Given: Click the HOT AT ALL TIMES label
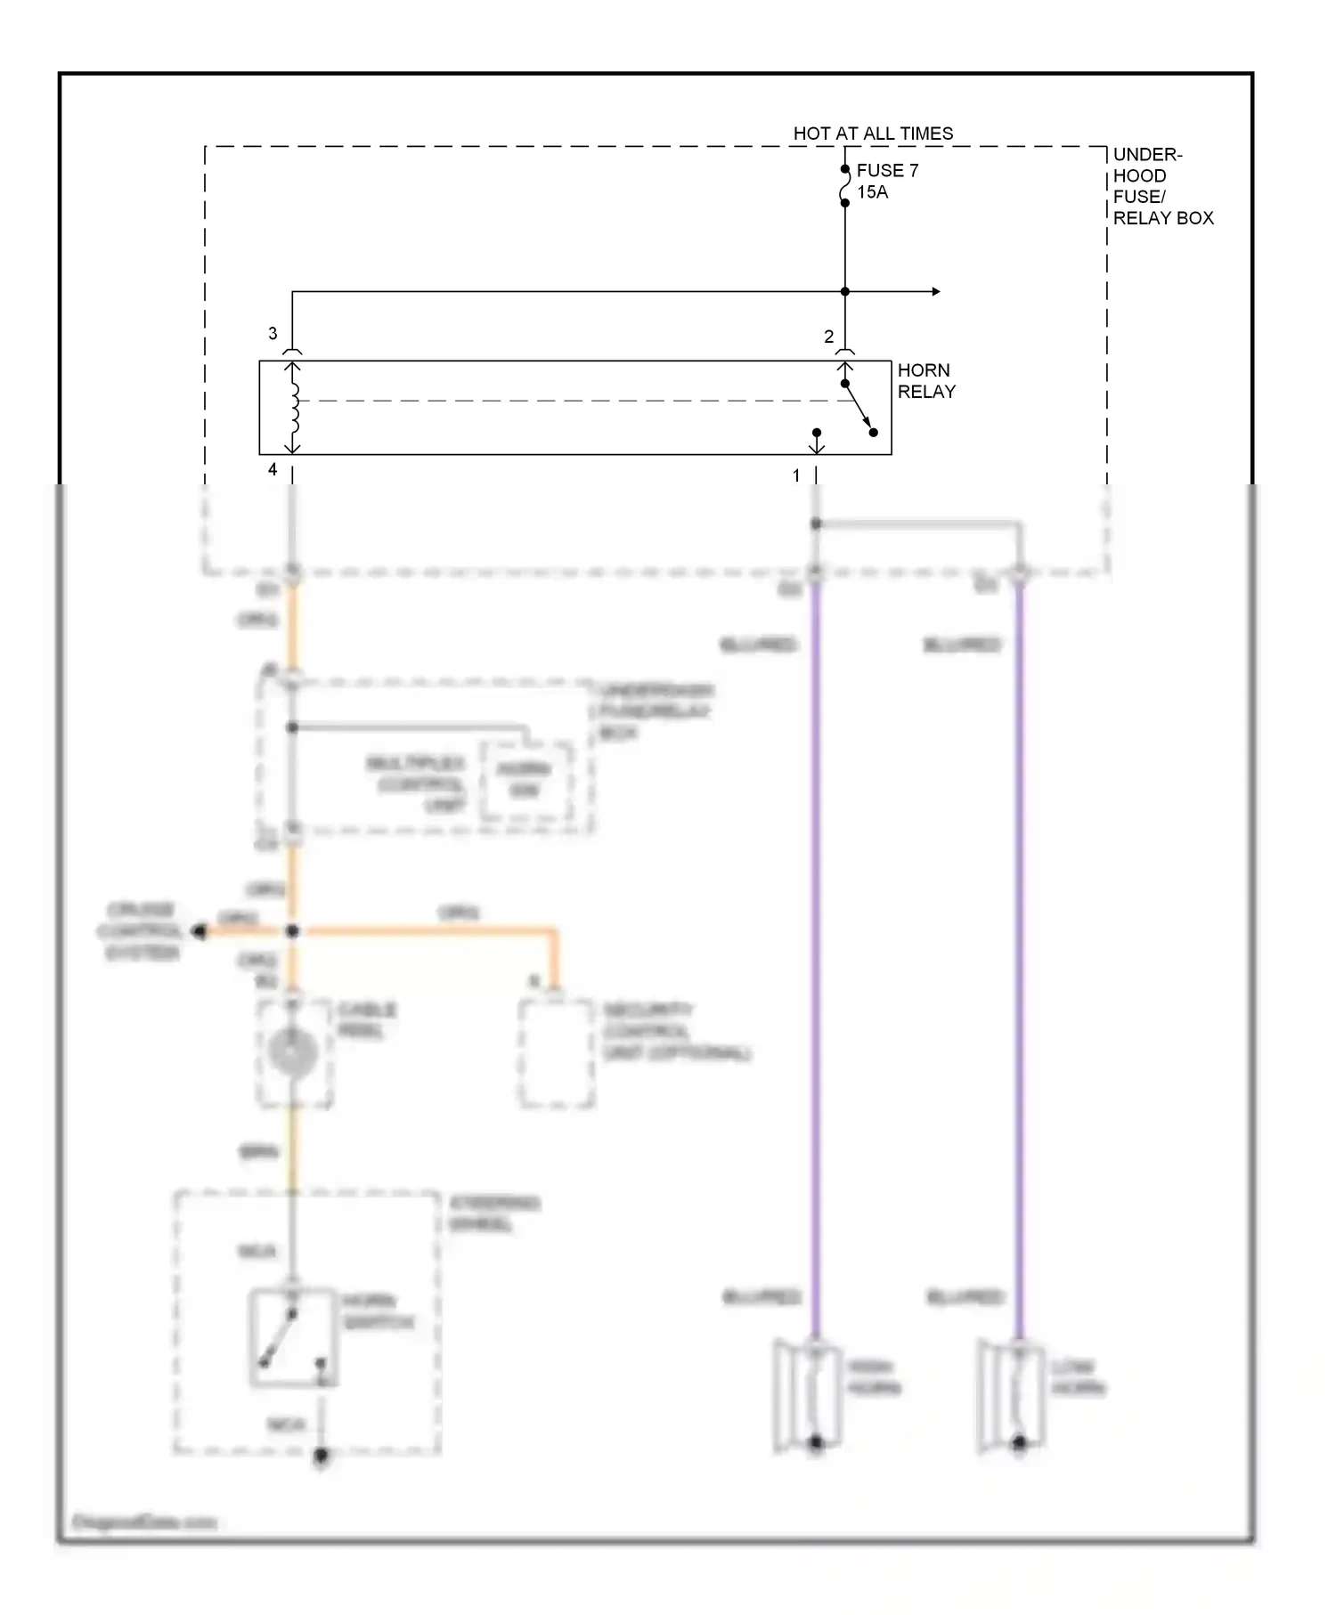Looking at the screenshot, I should [873, 134].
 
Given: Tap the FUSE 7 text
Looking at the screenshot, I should [887, 170].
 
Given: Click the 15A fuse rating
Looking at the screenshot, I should [872, 192].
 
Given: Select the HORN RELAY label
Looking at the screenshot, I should [925, 381].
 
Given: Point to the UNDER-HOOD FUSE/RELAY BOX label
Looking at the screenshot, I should [1161, 186].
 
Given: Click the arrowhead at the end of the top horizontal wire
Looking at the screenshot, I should [935, 291].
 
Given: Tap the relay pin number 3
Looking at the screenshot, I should [273, 334].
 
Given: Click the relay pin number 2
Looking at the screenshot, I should [828, 337].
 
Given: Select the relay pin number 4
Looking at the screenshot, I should [273, 469].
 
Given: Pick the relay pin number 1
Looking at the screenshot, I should [796, 476].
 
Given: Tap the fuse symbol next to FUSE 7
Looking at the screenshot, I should [844, 186].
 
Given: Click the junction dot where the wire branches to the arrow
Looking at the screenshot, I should [845, 291].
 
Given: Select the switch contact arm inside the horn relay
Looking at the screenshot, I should [859, 409].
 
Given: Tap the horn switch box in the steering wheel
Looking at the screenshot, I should [292, 1337].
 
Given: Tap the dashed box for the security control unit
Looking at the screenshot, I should [557, 1053].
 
